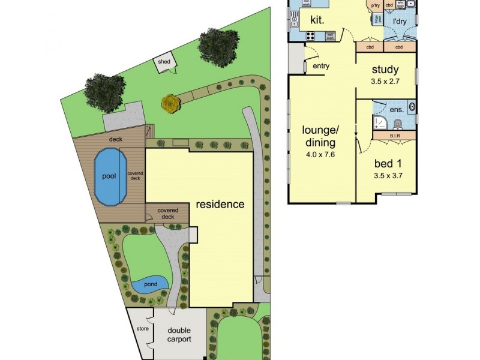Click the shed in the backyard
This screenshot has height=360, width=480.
pyautogui.click(x=164, y=64)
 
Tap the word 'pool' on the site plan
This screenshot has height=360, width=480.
pyautogui.click(x=108, y=176)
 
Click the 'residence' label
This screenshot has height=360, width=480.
pyautogui.click(x=220, y=204)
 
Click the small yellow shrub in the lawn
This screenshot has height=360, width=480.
pyautogui.click(x=171, y=104)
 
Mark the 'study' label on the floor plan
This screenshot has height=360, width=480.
pyautogui.click(x=385, y=70)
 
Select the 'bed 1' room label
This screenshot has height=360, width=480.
pyautogui.click(x=388, y=164)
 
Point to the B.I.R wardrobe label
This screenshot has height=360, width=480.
pyautogui.click(x=395, y=136)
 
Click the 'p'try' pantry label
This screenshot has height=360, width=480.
pyautogui.click(x=376, y=6)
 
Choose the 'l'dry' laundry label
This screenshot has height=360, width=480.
pyautogui.click(x=401, y=22)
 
